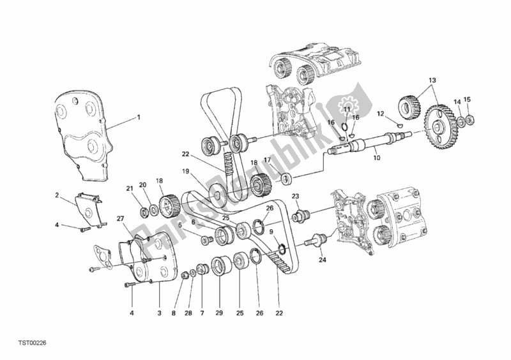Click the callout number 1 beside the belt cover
coord(139,117)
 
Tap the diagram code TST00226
coord(32,343)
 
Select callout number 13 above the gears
coord(432,80)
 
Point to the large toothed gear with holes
coord(440,127)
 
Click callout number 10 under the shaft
coord(377,158)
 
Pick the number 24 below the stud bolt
coord(323,260)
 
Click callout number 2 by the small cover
coord(57,195)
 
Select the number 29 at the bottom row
coord(219,313)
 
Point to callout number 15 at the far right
coord(468,100)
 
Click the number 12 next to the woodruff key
coord(381,114)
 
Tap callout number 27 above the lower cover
coord(121,218)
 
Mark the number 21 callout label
coord(130,188)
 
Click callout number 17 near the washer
coord(267,160)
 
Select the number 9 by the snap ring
coord(271,232)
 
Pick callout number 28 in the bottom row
coord(188,313)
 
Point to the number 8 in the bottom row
coord(173,313)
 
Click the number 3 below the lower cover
coord(159,313)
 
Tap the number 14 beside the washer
coord(457,102)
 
